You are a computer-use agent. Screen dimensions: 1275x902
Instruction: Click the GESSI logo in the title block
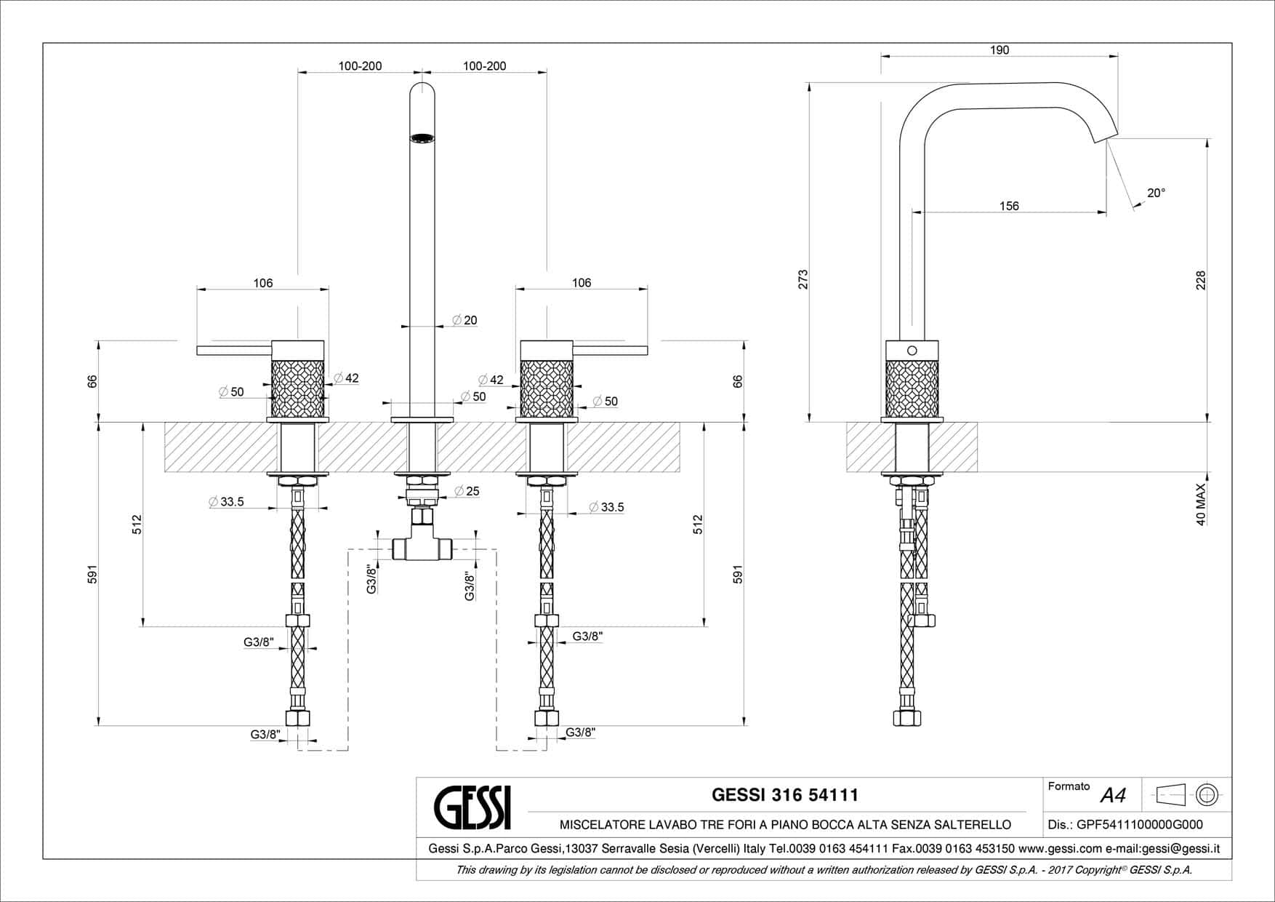point(472,807)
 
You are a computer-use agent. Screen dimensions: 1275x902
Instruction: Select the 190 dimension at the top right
point(1000,50)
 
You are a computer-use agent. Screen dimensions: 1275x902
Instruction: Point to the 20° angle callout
point(1156,193)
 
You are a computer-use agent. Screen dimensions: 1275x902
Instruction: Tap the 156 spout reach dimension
point(1009,206)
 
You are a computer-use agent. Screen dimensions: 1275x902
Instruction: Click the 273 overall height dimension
point(803,279)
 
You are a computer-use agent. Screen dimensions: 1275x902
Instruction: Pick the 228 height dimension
point(1201,280)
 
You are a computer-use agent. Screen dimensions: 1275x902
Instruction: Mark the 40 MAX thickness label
point(1200,504)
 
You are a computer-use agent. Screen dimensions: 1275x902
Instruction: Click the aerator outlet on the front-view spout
point(422,138)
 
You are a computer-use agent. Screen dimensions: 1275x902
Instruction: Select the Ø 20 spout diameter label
point(464,320)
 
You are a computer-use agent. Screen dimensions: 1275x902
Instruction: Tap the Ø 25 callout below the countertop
point(467,491)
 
